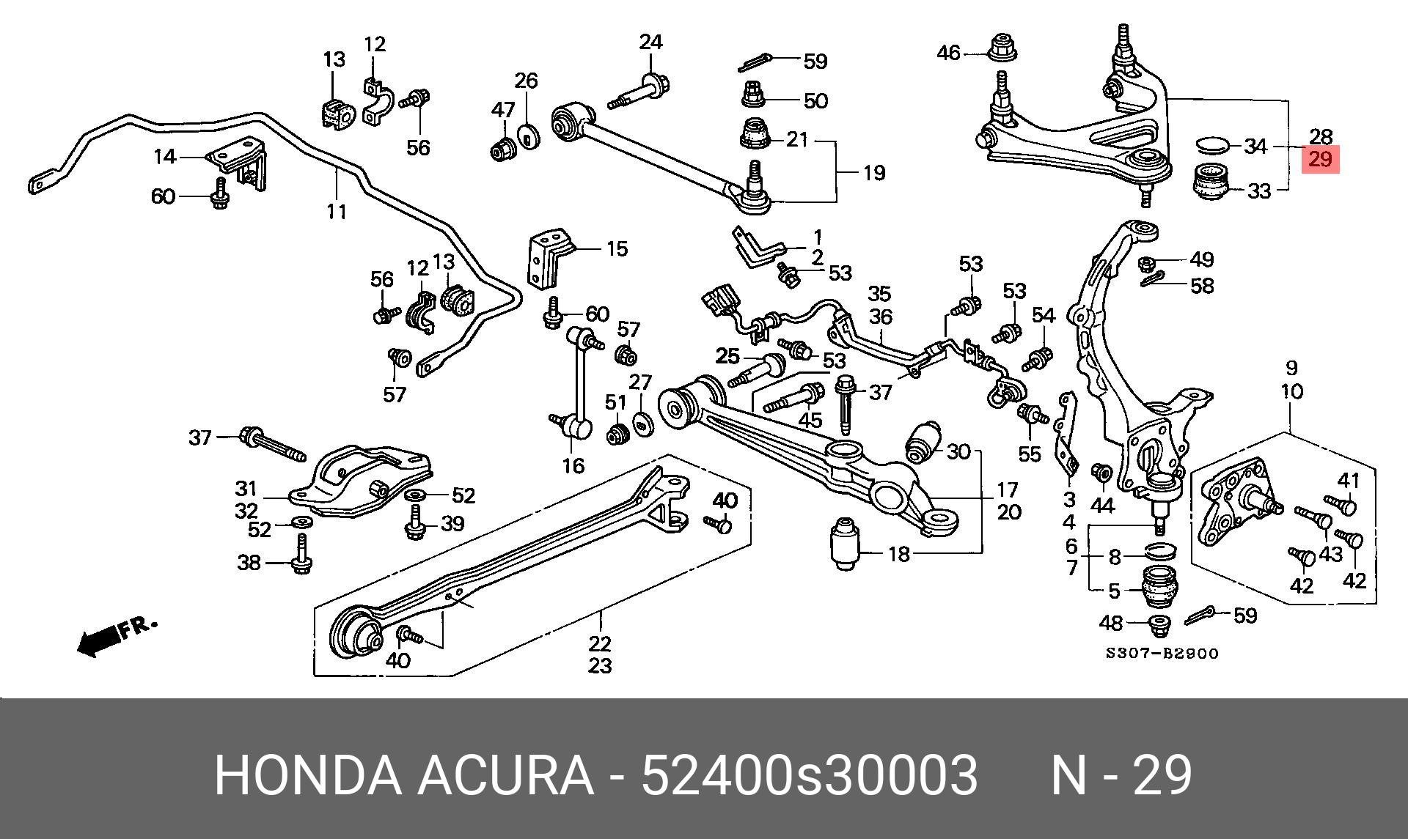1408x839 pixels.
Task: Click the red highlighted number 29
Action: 1320,159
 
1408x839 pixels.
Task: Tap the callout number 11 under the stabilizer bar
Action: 337,212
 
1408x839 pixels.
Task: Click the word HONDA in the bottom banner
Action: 308,775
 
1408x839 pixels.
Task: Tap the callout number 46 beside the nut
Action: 948,53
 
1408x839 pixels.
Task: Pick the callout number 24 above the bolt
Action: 650,42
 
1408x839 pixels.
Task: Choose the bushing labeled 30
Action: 924,442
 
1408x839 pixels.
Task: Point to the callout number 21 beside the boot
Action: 797,139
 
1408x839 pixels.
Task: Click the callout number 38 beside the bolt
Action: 249,562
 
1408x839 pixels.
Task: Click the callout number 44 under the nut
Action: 1102,505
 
